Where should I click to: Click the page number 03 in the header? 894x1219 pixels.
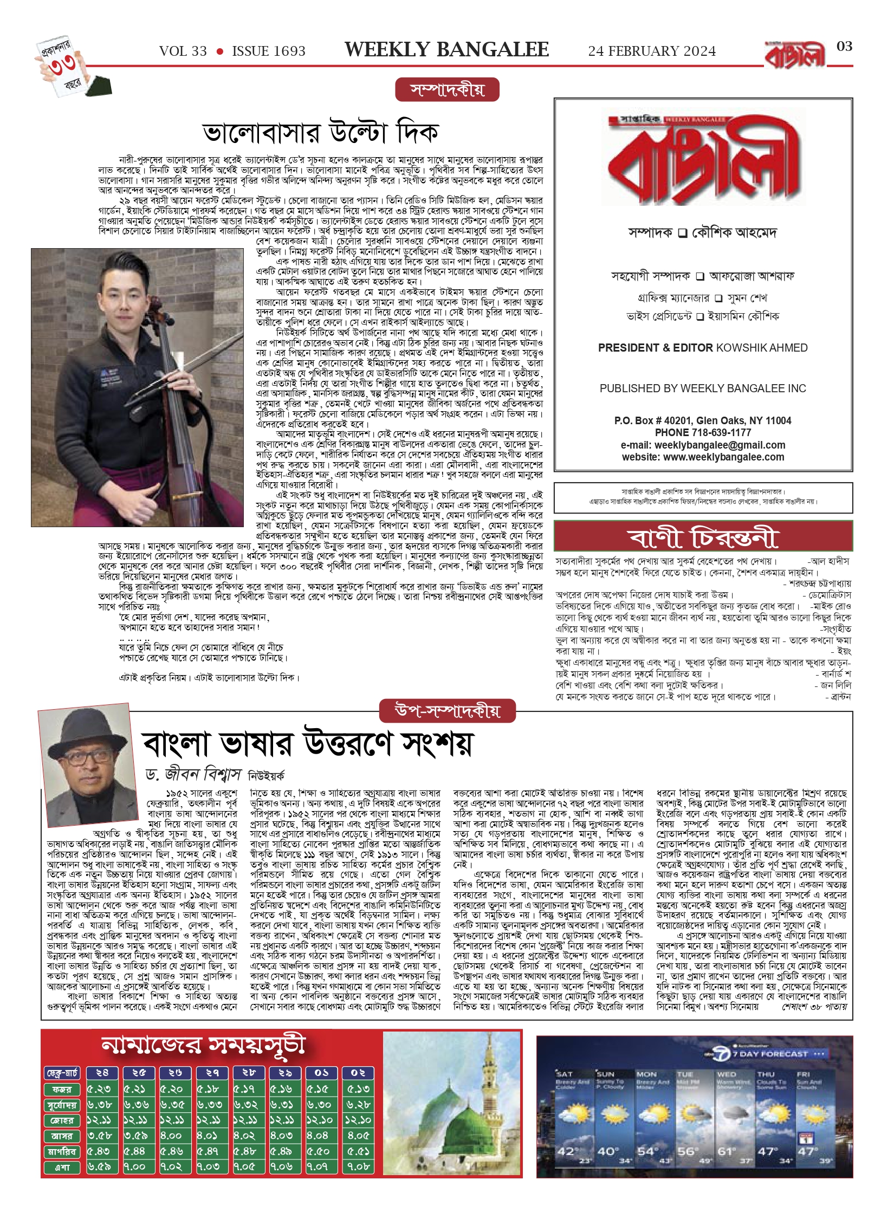[x=844, y=47]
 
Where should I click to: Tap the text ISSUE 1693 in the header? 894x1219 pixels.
[x=269, y=51]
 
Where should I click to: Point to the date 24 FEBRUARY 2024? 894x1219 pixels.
[x=652, y=51]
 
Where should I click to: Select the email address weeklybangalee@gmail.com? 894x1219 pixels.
[x=720, y=445]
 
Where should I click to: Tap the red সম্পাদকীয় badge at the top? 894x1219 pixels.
[x=447, y=90]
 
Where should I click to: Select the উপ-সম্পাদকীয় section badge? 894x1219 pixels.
[x=448, y=710]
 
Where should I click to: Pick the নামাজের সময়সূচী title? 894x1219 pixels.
[x=204, y=1046]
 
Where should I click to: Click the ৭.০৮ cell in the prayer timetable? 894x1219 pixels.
[x=358, y=1166]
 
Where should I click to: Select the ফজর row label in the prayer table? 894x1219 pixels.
[x=62, y=1088]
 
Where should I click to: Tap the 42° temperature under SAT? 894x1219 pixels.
[x=567, y=1151]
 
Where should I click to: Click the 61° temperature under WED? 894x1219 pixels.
[x=727, y=1151]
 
